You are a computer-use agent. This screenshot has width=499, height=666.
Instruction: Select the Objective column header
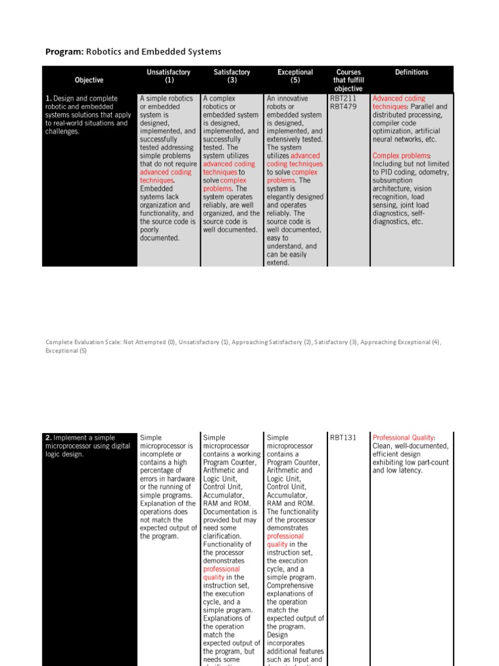tap(89, 80)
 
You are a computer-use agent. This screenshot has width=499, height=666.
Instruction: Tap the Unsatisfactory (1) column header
tap(169, 76)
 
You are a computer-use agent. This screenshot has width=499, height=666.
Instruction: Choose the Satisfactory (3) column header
tap(232, 76)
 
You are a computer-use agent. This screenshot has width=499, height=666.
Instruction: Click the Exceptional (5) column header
tap(295, 76)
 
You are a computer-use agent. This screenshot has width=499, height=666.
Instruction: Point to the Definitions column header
tap(411, 72)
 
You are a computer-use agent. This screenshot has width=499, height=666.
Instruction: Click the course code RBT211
tap(343, 99)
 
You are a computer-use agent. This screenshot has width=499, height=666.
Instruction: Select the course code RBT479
tap(343, 107)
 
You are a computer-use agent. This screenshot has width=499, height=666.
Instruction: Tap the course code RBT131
tap(343, 438)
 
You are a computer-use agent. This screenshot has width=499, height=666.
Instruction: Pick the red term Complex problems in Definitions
tap(401, 156)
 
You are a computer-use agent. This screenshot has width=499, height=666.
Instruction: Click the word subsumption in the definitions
tap(392, 181)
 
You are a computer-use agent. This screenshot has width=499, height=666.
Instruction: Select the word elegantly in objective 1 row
tap(283, 197)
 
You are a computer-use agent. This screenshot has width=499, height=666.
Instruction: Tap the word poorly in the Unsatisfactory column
tap(150, 230)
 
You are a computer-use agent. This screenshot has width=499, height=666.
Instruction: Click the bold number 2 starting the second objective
tap(49, 438)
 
